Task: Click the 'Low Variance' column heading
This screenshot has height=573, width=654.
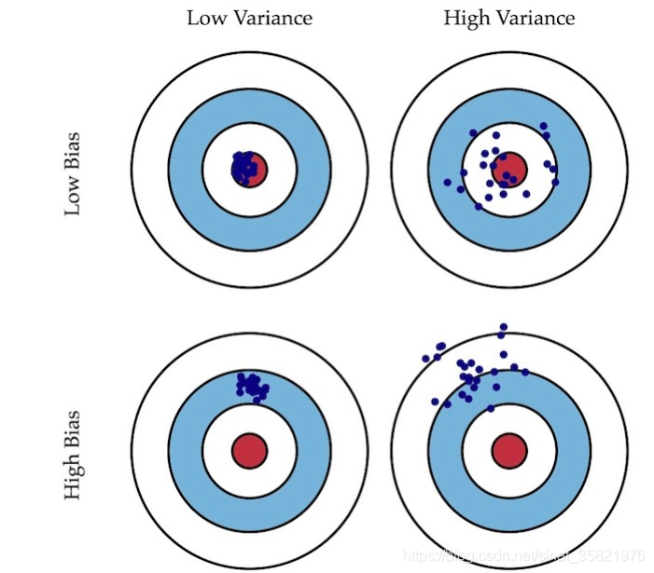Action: [x=249, y=18]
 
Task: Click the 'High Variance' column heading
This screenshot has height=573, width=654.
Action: [x=508, y=18]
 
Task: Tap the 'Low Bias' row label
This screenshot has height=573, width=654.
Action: [x=73, y=174]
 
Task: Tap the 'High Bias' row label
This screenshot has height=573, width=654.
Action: [x=73, y=455]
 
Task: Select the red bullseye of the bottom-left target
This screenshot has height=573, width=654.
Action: [x=249, y=449]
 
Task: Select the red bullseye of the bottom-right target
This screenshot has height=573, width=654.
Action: [x=509, y=449]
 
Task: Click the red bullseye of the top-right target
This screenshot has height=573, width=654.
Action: [x=510, y=169]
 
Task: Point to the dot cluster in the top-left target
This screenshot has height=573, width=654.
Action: [x=244, y=168]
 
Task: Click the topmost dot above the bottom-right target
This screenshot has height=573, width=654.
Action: [x=504, y=327]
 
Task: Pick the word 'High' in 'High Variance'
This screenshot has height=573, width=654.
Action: [x=466, y=18]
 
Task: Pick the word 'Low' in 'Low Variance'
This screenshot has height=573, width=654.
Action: [x=205, y=18]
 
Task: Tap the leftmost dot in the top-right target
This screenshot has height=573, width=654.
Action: [x=448, y=182]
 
